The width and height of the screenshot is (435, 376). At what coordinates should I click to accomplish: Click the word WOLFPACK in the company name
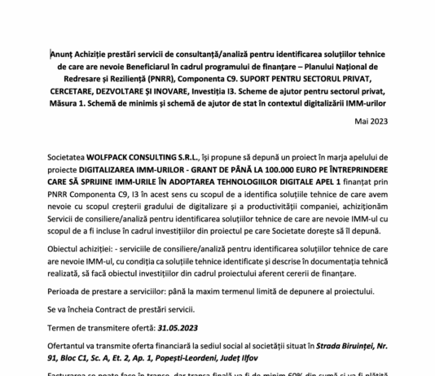tap(123, 153)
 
